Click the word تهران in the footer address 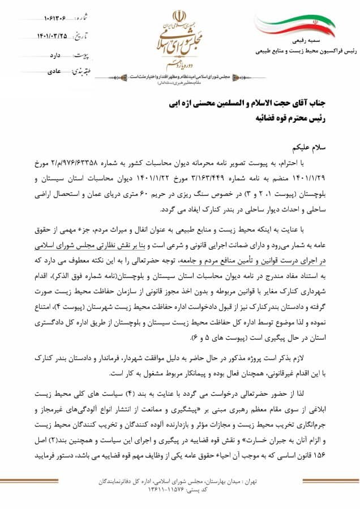(x=248, y=481)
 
